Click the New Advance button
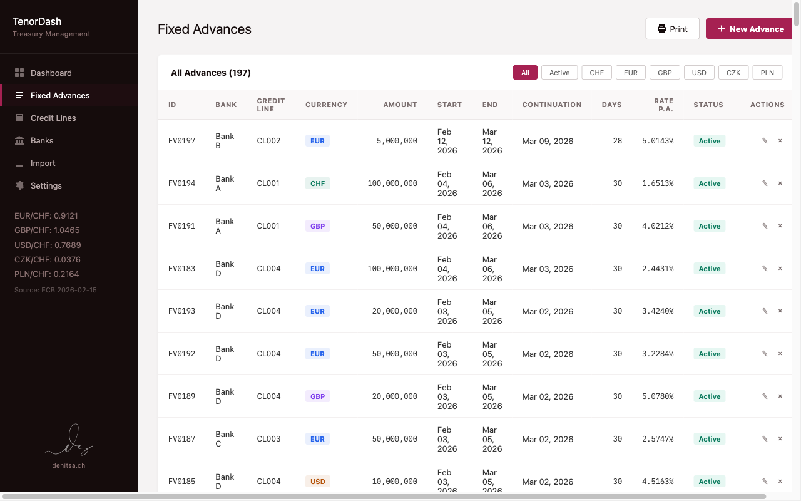click(x=750, y=29)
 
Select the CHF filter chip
click(x=596, y=73)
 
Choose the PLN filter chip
click(x=767, y=73)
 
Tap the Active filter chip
click(x=559, y=73)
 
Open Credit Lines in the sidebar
click(x=53, y=118)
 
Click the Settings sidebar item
click(x=46, y=185)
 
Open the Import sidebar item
click(x=43, y=163)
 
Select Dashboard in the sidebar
click(x=51, y=73)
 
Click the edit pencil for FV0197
click(x=765, y=141)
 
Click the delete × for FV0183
click(x=780, y=269)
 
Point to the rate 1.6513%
click(x=658, y=183)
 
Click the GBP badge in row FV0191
click(x=317, y=226)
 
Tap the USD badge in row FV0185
click(x=317, y=482)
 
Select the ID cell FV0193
click(x=181, y=311)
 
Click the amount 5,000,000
click(x=397, y=141)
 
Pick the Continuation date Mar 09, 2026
click(x=548, y=141)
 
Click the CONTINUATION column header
click(x=551, y=105)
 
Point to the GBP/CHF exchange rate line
click(x=47, y=230)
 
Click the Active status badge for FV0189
click(x=709, y=396)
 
